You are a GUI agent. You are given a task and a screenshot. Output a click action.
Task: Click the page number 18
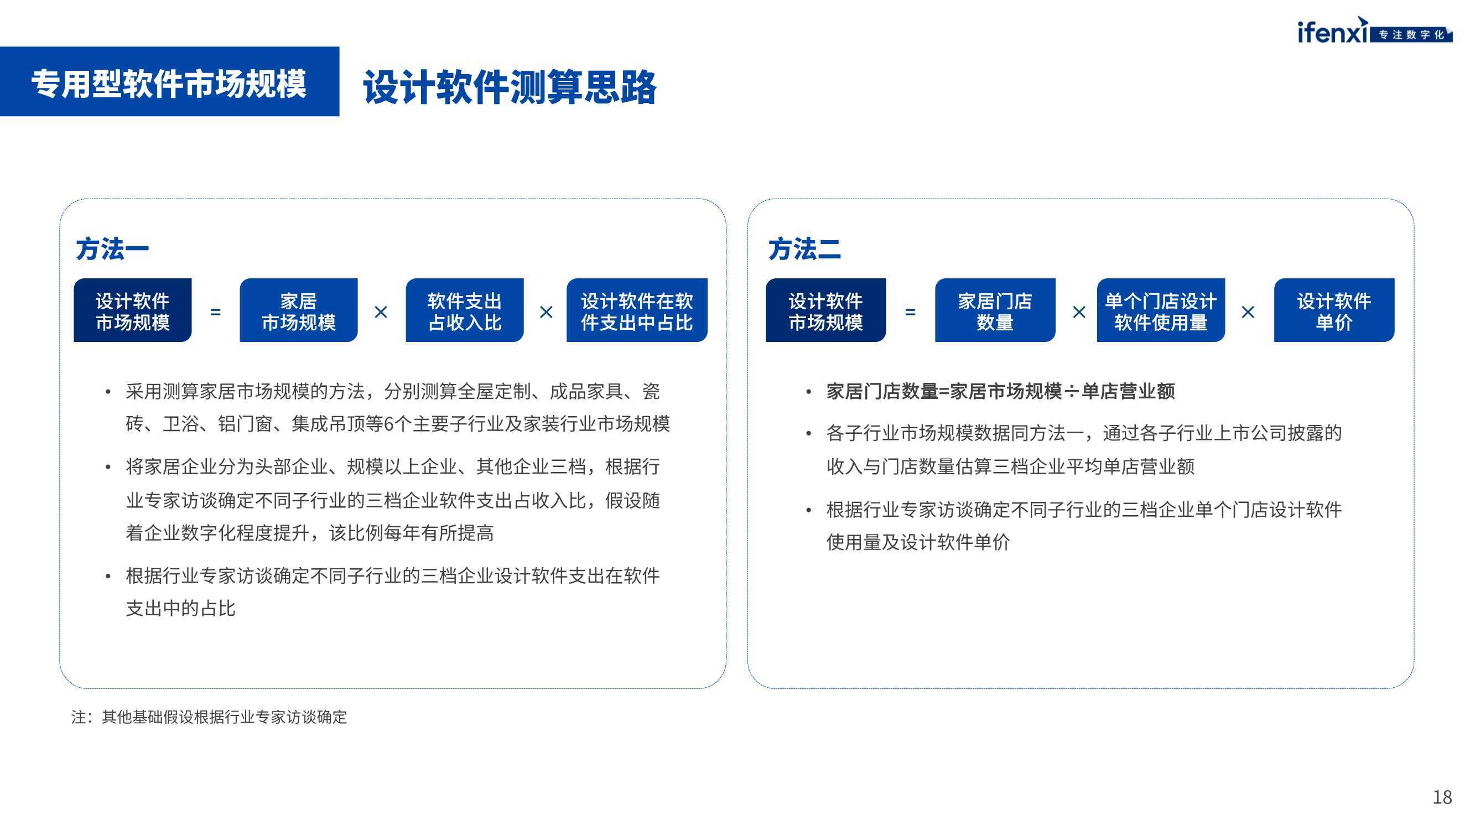coord(1442,797)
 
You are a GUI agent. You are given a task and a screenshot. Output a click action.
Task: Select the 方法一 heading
coord(112,249)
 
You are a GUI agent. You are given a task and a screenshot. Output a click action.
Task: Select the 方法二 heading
coord(804,249)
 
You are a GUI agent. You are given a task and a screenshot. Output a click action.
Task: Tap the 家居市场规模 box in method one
coord(298,310)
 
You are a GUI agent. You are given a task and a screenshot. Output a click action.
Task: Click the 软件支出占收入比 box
coord(464,310)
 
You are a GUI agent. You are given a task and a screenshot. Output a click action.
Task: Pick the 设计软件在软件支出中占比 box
coord(637,310)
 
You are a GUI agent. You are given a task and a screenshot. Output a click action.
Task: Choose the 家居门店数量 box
coord(995,310)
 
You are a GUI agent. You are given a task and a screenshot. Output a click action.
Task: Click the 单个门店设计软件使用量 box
coord(1161,310)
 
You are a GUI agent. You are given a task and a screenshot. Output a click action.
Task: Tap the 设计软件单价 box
coord(1333,310)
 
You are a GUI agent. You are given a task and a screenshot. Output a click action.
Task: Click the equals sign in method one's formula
coord(215,312)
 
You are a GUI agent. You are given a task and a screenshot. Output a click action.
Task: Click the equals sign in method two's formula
coord(910,312)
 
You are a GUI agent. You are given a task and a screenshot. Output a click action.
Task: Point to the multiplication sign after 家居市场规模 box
coord(381,312)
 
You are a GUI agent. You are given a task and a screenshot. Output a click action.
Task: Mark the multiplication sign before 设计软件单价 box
coord(1248,312)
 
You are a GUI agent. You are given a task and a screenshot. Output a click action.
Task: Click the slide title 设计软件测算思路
coord(510,87)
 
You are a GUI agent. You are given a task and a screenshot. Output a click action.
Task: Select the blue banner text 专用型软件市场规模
coord(169,84)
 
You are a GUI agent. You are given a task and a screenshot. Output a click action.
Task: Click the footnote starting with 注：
coord(209,717)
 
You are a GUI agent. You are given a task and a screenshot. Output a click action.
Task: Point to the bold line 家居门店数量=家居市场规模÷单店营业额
coord(1000,391)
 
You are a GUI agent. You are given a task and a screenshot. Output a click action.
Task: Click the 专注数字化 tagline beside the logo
coord(1411,35)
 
